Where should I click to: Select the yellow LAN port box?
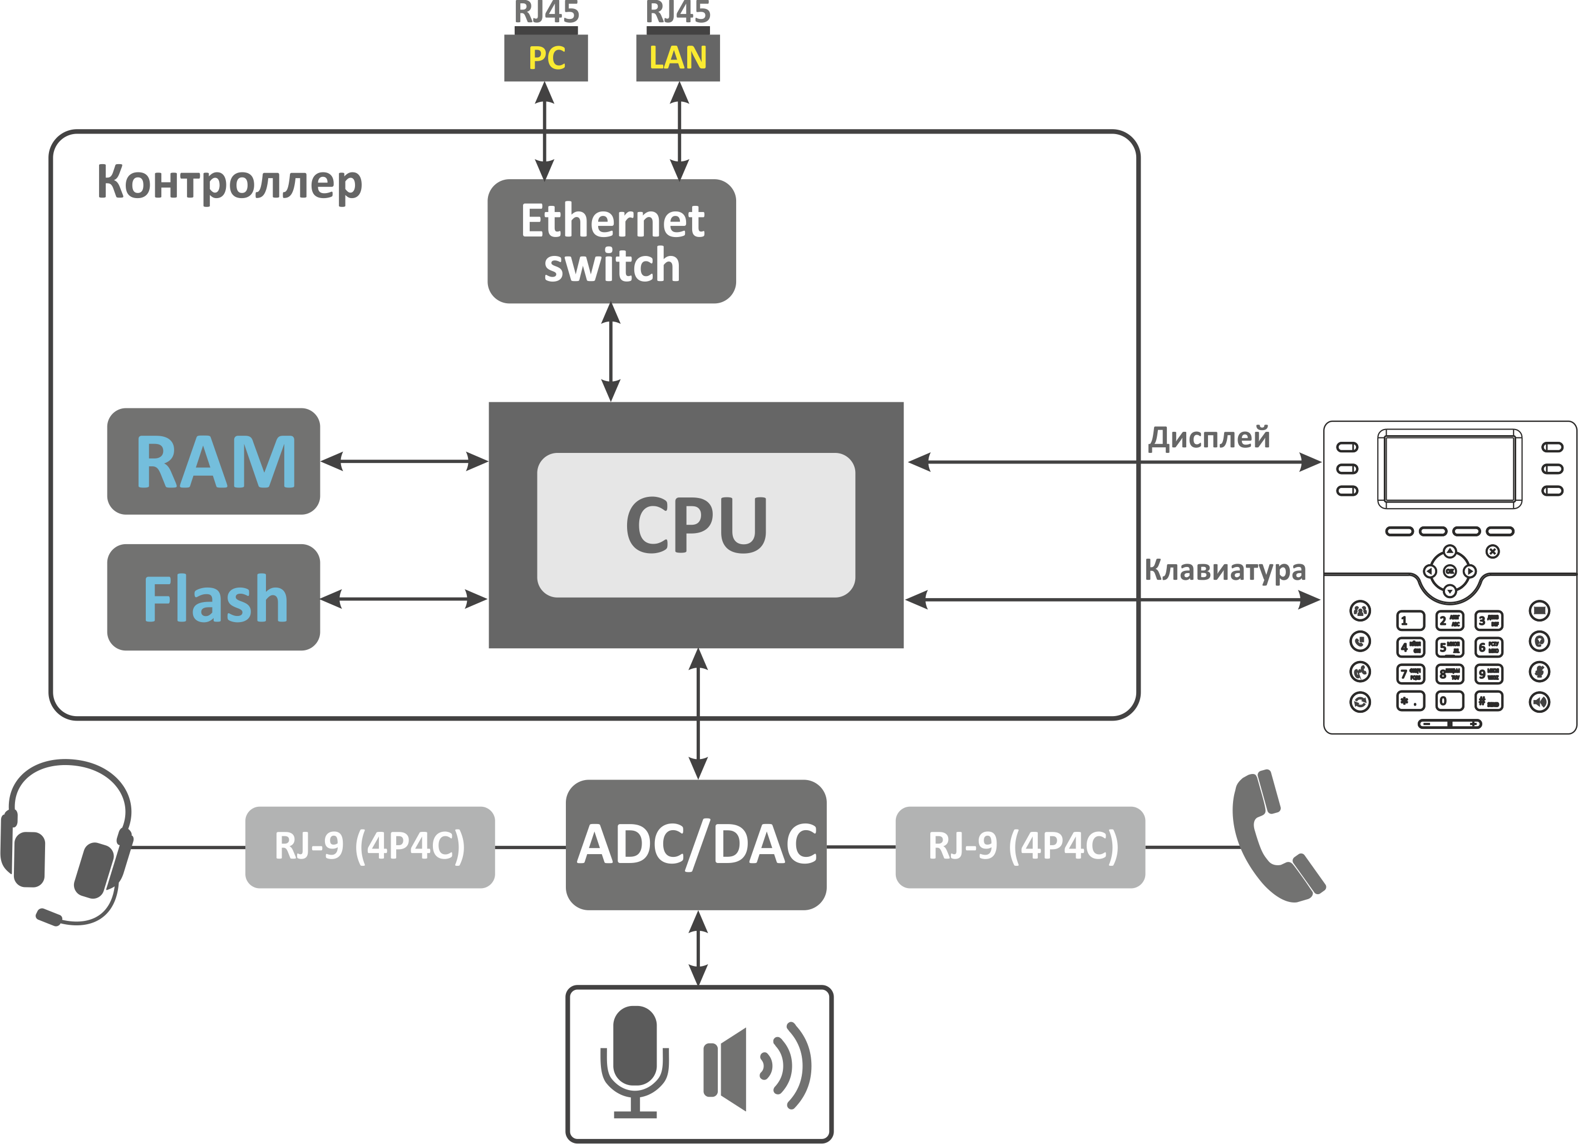(678, 58)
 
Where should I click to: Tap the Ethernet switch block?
(612, 241)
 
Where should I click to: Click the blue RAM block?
(214, 461)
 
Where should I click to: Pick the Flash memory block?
(214, 597)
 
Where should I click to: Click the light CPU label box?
(696, 525)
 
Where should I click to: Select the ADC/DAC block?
(696, 844)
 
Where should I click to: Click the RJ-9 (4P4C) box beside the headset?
(369, 847)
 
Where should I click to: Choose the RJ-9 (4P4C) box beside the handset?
(1020, 847)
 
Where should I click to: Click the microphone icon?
(634, 1061)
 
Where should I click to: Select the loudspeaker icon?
(755, 1067)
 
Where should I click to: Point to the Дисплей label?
(1209, 438)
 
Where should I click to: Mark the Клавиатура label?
(1225, 569)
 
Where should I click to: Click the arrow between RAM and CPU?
(405, 461)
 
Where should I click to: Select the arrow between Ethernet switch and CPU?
(611, 352)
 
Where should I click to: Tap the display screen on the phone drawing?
(1449, 469)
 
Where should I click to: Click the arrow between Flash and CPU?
(403, 599)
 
